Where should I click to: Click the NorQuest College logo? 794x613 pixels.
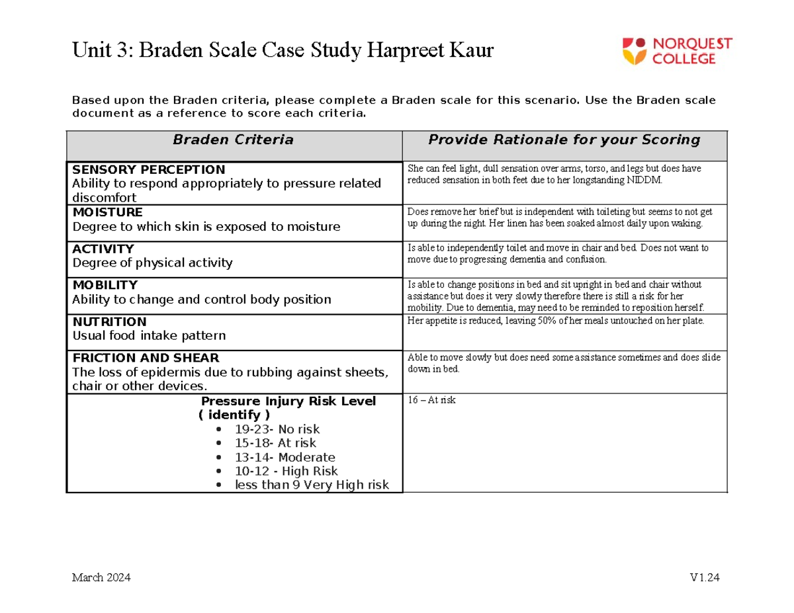coord(676,51)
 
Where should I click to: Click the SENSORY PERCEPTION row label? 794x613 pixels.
coord(148,169)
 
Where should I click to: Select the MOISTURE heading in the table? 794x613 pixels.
coord(107,212)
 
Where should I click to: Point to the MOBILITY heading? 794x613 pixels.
coord(105,285)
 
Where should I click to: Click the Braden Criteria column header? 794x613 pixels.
coord(233,140)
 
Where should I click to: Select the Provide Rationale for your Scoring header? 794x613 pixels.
coord(564,140)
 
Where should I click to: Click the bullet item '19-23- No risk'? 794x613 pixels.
coord(277,429)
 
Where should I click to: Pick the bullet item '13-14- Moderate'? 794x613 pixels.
coord(285,457)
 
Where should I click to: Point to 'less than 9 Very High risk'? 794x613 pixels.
coord(312,485)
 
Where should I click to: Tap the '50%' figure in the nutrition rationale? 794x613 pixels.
coord(543,321)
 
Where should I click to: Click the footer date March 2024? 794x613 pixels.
coord(101,578)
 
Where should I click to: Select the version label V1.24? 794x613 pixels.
coord(704,578)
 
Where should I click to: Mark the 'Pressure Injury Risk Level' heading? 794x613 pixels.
coord(288,401)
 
